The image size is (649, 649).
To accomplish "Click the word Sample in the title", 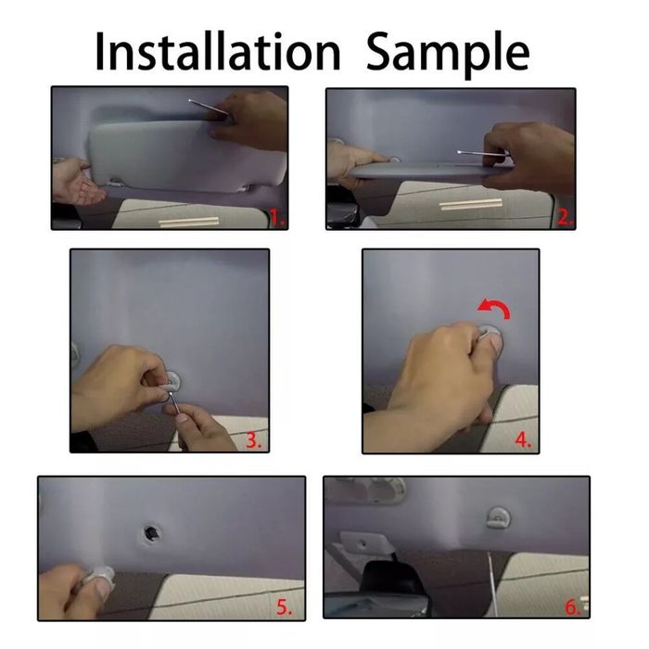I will [448, 53].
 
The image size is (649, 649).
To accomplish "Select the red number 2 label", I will [564, 219].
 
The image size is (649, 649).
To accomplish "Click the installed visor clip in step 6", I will [497, 516].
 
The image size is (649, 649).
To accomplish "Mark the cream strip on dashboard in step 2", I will [470, 203].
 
